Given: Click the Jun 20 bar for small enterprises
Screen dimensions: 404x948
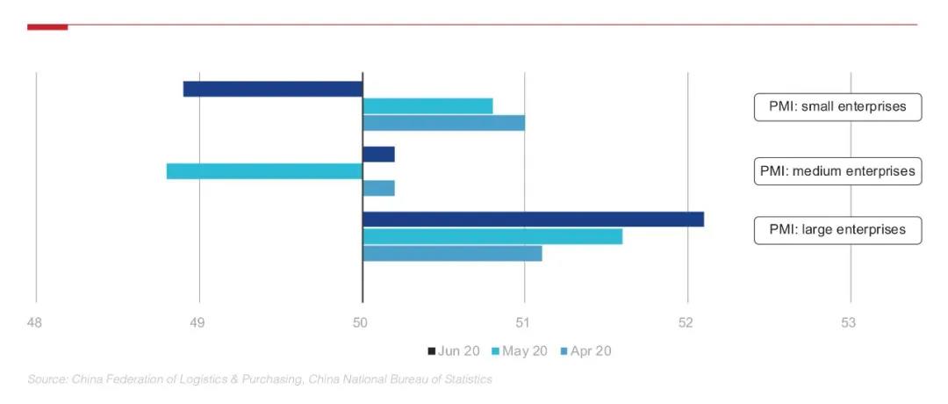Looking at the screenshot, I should (272, 89).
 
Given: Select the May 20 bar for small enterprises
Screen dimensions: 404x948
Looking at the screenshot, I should (427, 106).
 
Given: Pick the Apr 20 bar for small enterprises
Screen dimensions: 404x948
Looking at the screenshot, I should (443, 122).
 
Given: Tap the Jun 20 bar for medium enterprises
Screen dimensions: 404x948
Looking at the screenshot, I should (378, 155).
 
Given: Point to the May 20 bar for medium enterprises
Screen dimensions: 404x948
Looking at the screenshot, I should (264, 171).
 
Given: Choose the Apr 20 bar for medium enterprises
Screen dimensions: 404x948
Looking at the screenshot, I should (378, 188).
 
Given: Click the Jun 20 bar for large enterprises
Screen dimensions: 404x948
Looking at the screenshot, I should (533, 220).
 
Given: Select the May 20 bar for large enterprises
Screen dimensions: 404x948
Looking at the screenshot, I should (492, 236).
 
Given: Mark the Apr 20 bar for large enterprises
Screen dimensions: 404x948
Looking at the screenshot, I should (452, 253).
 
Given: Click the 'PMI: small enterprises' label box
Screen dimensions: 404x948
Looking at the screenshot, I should (838, 106).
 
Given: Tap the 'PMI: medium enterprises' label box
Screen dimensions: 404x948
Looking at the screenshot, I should (838, 171).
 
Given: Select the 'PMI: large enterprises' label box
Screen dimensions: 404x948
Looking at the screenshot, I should (838, 230).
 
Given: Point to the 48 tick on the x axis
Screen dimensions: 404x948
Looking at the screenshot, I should (34, 323).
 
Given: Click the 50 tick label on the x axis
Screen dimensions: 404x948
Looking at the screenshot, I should (360, 323).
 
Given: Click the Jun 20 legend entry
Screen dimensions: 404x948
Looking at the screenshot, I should (454, 351).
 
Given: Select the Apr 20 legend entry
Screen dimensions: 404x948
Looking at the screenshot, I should (585, 351).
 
